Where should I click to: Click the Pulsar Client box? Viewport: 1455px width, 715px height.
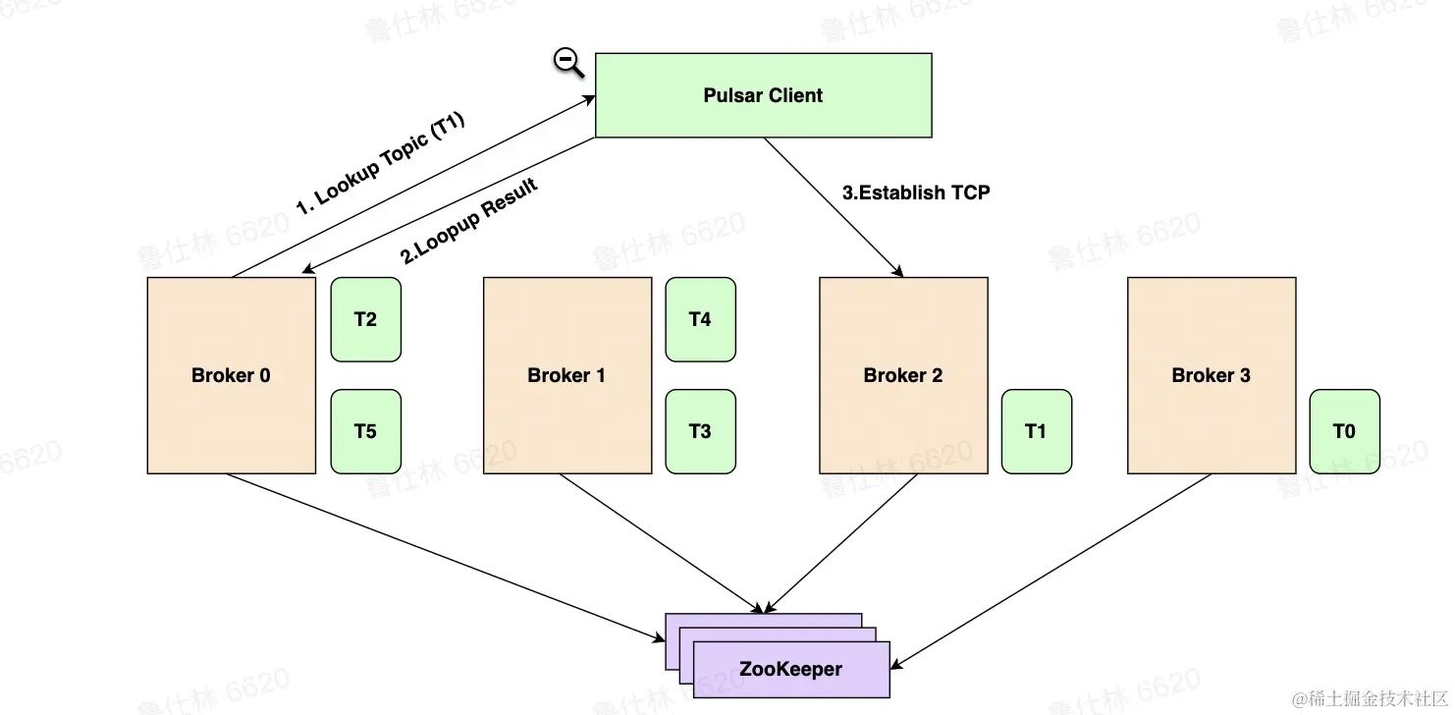click(763, 95)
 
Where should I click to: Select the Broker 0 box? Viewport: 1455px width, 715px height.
click(231, 375)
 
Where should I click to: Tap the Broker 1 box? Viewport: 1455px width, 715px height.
click(566, 375)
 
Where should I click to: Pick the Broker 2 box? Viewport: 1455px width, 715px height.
click(902, 375)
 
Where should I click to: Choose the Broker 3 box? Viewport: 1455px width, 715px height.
click(1211, 375)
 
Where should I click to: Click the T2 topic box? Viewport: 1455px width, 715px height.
click(365, 319)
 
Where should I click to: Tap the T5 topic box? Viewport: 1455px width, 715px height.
click(365, 431)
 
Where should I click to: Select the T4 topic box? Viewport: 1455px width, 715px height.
click(700, 319)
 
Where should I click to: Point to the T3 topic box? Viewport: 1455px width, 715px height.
click(700, 431)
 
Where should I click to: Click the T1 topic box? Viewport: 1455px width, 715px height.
click(1036, 431)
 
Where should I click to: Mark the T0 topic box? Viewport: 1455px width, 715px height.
click(1344, 431)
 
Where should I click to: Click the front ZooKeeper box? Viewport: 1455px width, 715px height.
click(790, 670)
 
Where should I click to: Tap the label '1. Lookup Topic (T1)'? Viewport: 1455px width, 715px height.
click(380, 164)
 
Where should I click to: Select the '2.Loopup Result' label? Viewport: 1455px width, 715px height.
click(469, 222)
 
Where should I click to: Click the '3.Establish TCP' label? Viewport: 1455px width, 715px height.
click(916, 192)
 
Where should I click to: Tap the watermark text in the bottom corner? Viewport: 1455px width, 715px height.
click(1370, 698)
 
